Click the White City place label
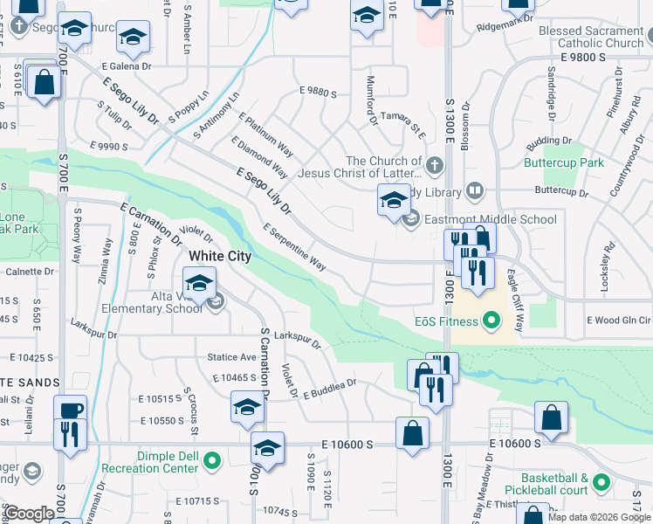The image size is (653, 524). [220, 256]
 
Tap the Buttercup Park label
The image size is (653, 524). [564, 162]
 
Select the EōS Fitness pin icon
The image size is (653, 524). [491, 321]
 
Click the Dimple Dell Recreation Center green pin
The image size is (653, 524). [211, 459]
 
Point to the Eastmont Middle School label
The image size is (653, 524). [491, 220]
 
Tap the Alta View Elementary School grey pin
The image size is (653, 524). [217, 302]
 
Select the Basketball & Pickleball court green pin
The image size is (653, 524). [601, 481]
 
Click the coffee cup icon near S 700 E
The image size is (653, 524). [70, 410]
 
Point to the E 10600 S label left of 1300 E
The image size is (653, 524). [347, 445]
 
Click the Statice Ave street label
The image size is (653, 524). [231, 357]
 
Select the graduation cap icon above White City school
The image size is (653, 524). [199, 283]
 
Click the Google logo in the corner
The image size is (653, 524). [30, 514]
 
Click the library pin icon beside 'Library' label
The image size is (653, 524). [475, 190]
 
